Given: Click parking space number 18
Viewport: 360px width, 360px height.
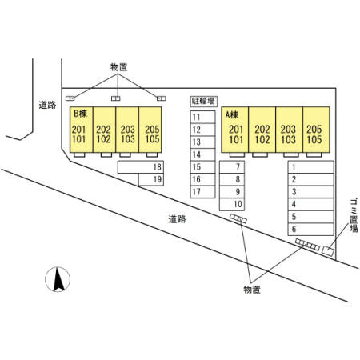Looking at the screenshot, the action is click(x=141, y=167).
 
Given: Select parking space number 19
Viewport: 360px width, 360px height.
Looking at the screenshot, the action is click(x=151, y=179).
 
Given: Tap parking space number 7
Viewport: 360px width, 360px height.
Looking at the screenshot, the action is click(x=232, y=167).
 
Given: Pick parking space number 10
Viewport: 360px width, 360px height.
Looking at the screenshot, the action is click(x=232, y=204).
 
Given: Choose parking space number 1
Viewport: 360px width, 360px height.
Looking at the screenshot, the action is click(x=310, y=167).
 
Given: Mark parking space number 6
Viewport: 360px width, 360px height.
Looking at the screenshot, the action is click(x=310, y=229).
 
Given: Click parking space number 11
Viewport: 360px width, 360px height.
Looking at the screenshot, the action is click(x=202, y=117).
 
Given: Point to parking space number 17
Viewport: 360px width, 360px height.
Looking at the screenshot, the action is click(x=202, y=192).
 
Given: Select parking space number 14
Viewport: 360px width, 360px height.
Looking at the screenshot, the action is click(x=202, y=154).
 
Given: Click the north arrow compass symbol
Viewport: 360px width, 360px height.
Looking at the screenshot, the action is click(x=58, y=279).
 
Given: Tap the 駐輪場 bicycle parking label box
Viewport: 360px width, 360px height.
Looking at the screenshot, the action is click(x=204, y=102).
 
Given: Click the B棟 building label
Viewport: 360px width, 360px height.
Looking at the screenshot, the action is click(x=80, y=114).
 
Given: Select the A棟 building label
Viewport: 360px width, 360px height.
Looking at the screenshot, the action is click(x=232, y=114).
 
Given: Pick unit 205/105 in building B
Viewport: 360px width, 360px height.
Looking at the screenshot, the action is click(x=150, y=130).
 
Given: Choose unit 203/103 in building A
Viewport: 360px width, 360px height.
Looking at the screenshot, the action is click(x=289, y=130).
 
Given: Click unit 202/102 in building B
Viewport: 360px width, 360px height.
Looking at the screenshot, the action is click(x=104, y=130).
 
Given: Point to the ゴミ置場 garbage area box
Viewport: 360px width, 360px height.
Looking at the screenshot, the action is click(x=328, y=251).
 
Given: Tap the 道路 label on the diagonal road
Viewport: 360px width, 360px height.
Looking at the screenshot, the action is click(x=177, y=219).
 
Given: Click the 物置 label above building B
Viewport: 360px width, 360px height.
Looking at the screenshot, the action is click(x=118, y=67).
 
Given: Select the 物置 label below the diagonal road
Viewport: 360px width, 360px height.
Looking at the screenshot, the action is click(x=252, y=290).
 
